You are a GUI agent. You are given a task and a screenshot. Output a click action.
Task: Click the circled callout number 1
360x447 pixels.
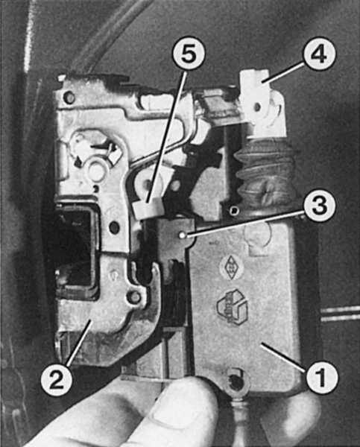pyautogui.click(x=321, y=377)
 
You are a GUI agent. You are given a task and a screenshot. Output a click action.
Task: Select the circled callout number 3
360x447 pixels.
pyautogui.click(x=319, y=205)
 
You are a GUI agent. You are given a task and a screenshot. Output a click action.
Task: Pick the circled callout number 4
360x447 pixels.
pyautogui.click(x=319, y=54)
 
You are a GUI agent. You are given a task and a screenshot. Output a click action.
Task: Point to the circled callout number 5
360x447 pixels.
pyautogui.click(x=189, y=54)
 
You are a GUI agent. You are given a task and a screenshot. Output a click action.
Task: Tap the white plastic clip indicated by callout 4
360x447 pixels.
pyautogui.click(x=261, y=103)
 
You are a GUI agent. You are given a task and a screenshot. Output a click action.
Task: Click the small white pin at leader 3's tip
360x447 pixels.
pyautogui.click(x=182, y=235)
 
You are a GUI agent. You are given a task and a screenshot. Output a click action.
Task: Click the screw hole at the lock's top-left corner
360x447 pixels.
pyautogui.click(x=69, y=97)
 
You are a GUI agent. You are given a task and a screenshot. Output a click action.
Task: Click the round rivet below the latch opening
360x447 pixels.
pyautogui.click(x=134, y=297)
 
